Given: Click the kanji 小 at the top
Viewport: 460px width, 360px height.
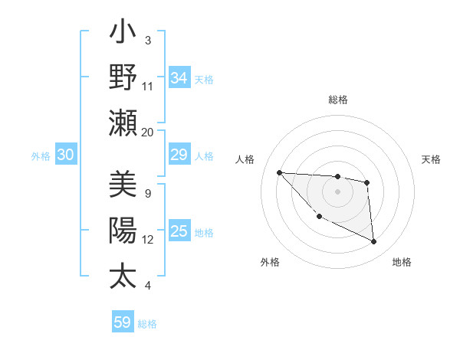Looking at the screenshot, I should point(123,34).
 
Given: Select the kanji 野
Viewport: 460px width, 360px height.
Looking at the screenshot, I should point(123,77).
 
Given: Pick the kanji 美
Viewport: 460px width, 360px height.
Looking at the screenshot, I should point(123,185).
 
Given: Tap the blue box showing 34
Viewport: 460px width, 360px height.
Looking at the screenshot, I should point(179,78).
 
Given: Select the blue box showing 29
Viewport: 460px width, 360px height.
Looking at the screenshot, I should point(179,155).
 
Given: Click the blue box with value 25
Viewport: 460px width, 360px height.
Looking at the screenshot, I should point(179,232).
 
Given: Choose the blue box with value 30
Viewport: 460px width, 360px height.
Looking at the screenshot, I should point(65,155).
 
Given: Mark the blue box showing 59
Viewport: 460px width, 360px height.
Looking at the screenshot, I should point(123,322).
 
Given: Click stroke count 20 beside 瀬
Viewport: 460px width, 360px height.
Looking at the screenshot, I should point(147,132).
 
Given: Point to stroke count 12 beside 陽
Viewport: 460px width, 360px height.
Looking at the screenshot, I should point(147,240).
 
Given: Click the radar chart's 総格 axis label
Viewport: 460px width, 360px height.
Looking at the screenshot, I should point(338,100).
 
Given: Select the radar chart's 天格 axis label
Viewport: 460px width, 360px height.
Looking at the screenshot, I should point(432,159).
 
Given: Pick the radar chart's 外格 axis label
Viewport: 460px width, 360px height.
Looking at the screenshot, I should point(270,262).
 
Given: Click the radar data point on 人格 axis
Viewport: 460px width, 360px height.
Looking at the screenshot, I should point(279,172).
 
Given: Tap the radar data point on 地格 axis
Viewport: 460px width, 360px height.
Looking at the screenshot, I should point(374,242).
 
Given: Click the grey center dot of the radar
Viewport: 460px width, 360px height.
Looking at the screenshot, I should point(337,191).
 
